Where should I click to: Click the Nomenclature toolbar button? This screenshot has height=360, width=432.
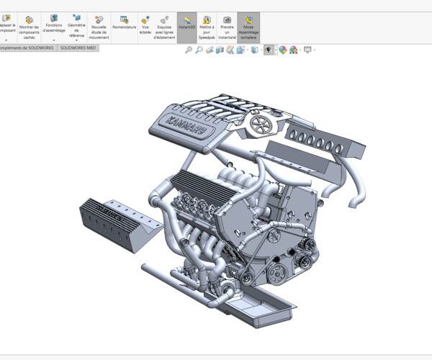click(124, 23)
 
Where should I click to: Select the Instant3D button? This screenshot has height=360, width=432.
click(186, 23)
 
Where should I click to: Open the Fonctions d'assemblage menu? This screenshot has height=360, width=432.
click(53, 24)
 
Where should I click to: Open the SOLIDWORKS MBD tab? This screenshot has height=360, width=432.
click(77, 48)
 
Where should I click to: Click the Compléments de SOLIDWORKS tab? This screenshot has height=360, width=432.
click(27, 48)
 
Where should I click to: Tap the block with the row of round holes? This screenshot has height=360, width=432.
click(320, 140)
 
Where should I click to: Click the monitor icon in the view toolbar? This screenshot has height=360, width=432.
click(307, 50)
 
